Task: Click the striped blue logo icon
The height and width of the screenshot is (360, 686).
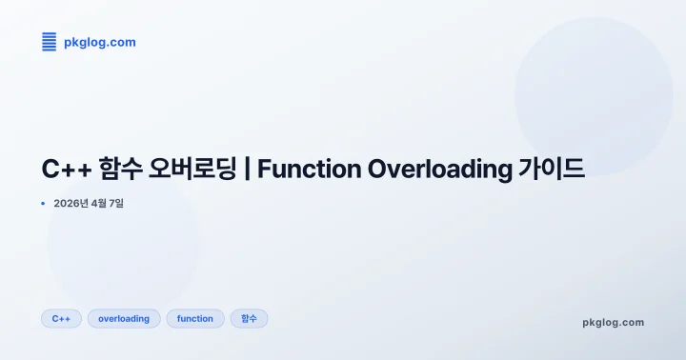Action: click(50, 42)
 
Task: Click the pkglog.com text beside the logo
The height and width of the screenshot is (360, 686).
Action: click(99, 42)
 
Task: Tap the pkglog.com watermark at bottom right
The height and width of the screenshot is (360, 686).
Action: click(613, 322)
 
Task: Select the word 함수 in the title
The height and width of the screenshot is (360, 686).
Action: click(119, 170)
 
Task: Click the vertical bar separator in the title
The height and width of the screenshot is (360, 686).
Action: click(247, 170)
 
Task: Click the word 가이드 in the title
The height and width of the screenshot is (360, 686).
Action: click(552, 170)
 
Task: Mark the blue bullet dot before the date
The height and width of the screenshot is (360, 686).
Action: click(44, 203)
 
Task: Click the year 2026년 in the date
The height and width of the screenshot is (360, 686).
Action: click(71, 203)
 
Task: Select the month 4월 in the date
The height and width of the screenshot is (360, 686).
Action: click(101, 203)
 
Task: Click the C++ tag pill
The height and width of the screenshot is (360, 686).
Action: click(61, 318)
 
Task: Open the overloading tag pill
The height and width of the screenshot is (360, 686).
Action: click(124, 318)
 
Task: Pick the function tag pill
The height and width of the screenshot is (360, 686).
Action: click(195, 318)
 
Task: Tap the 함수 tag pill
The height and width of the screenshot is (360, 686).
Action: click(249, 318)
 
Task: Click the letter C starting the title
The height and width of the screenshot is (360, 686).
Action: click(50, 170)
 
